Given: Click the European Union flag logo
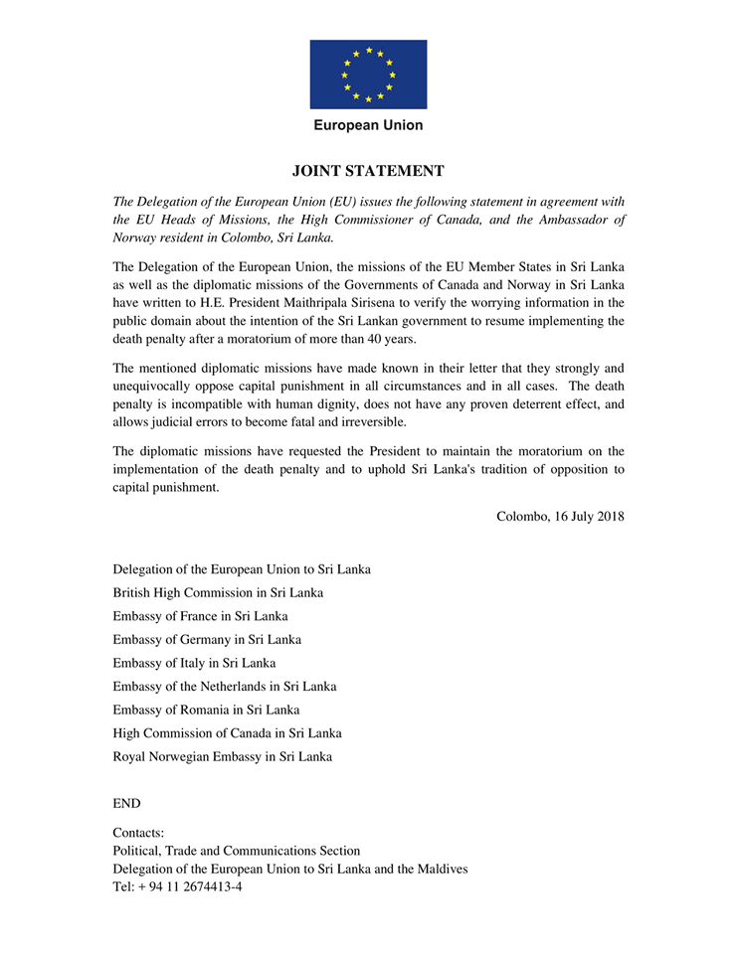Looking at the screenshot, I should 368,75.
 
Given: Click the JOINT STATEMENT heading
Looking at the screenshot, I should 368,171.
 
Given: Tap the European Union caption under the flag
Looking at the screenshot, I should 368,125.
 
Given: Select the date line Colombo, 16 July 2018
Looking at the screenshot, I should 560,515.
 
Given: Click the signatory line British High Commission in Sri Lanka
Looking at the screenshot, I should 218,593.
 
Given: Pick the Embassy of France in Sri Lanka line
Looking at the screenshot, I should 201,616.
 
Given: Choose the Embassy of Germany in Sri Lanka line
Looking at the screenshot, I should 207,639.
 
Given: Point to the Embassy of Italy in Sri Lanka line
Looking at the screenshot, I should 195,663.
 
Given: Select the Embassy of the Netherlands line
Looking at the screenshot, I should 225,686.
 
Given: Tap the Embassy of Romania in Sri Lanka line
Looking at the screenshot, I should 206,710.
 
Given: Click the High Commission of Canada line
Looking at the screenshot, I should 228,732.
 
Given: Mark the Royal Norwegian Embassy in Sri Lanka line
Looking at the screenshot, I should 223,756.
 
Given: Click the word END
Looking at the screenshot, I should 127,803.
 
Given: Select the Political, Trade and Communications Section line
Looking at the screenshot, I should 237,851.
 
